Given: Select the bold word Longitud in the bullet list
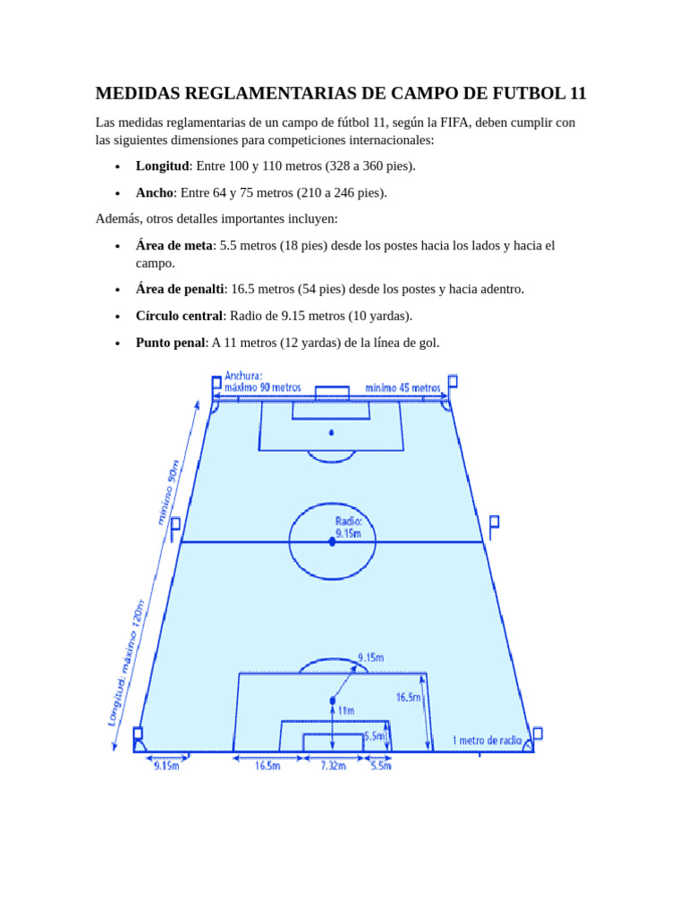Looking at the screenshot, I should click(x=162, y=166).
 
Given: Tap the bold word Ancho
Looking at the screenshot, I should click(x=154, y=192).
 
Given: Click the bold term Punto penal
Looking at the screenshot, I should click(x=170, y=343).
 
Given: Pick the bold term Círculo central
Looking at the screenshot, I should click(x=179, y=316).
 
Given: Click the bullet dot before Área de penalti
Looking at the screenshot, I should click(x=117, y=290).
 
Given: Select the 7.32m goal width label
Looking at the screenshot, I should click(x=333, y=766).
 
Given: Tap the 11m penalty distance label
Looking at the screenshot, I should click(x=345, y=710).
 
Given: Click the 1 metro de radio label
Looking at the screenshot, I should click(x=487, y=740).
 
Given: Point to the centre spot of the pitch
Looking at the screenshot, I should click(x=332, y=541).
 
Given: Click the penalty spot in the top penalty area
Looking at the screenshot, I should click(x=331, y=432).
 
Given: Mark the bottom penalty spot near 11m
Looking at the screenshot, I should click(x=333, y=700).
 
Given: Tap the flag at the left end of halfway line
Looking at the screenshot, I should click(x=175, y=525).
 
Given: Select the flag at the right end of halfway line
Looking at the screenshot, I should click(x=493, y=522).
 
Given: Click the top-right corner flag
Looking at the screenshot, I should click(x=453, y=382).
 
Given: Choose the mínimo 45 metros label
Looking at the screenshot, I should click(x=403, y=388).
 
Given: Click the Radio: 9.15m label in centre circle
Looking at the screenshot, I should click(x=348, y=527).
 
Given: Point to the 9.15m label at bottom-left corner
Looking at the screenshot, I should click(x=166, y=766).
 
